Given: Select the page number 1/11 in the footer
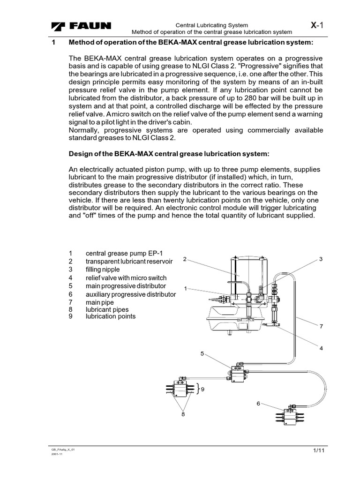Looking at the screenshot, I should pyautogui.click(x=319, y=450).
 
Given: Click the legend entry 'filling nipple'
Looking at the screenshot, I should pyautogui.click(x=103, y=270).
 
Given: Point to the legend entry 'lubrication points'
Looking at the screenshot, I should pyautogui.click(x=110, y=316).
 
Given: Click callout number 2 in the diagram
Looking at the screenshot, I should pyautogui.click(x=185, y=259).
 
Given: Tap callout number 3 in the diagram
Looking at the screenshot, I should pyautogui.click(x=322, y=259).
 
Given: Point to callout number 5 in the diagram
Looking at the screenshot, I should pyautogui.click(x=202, y=354).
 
